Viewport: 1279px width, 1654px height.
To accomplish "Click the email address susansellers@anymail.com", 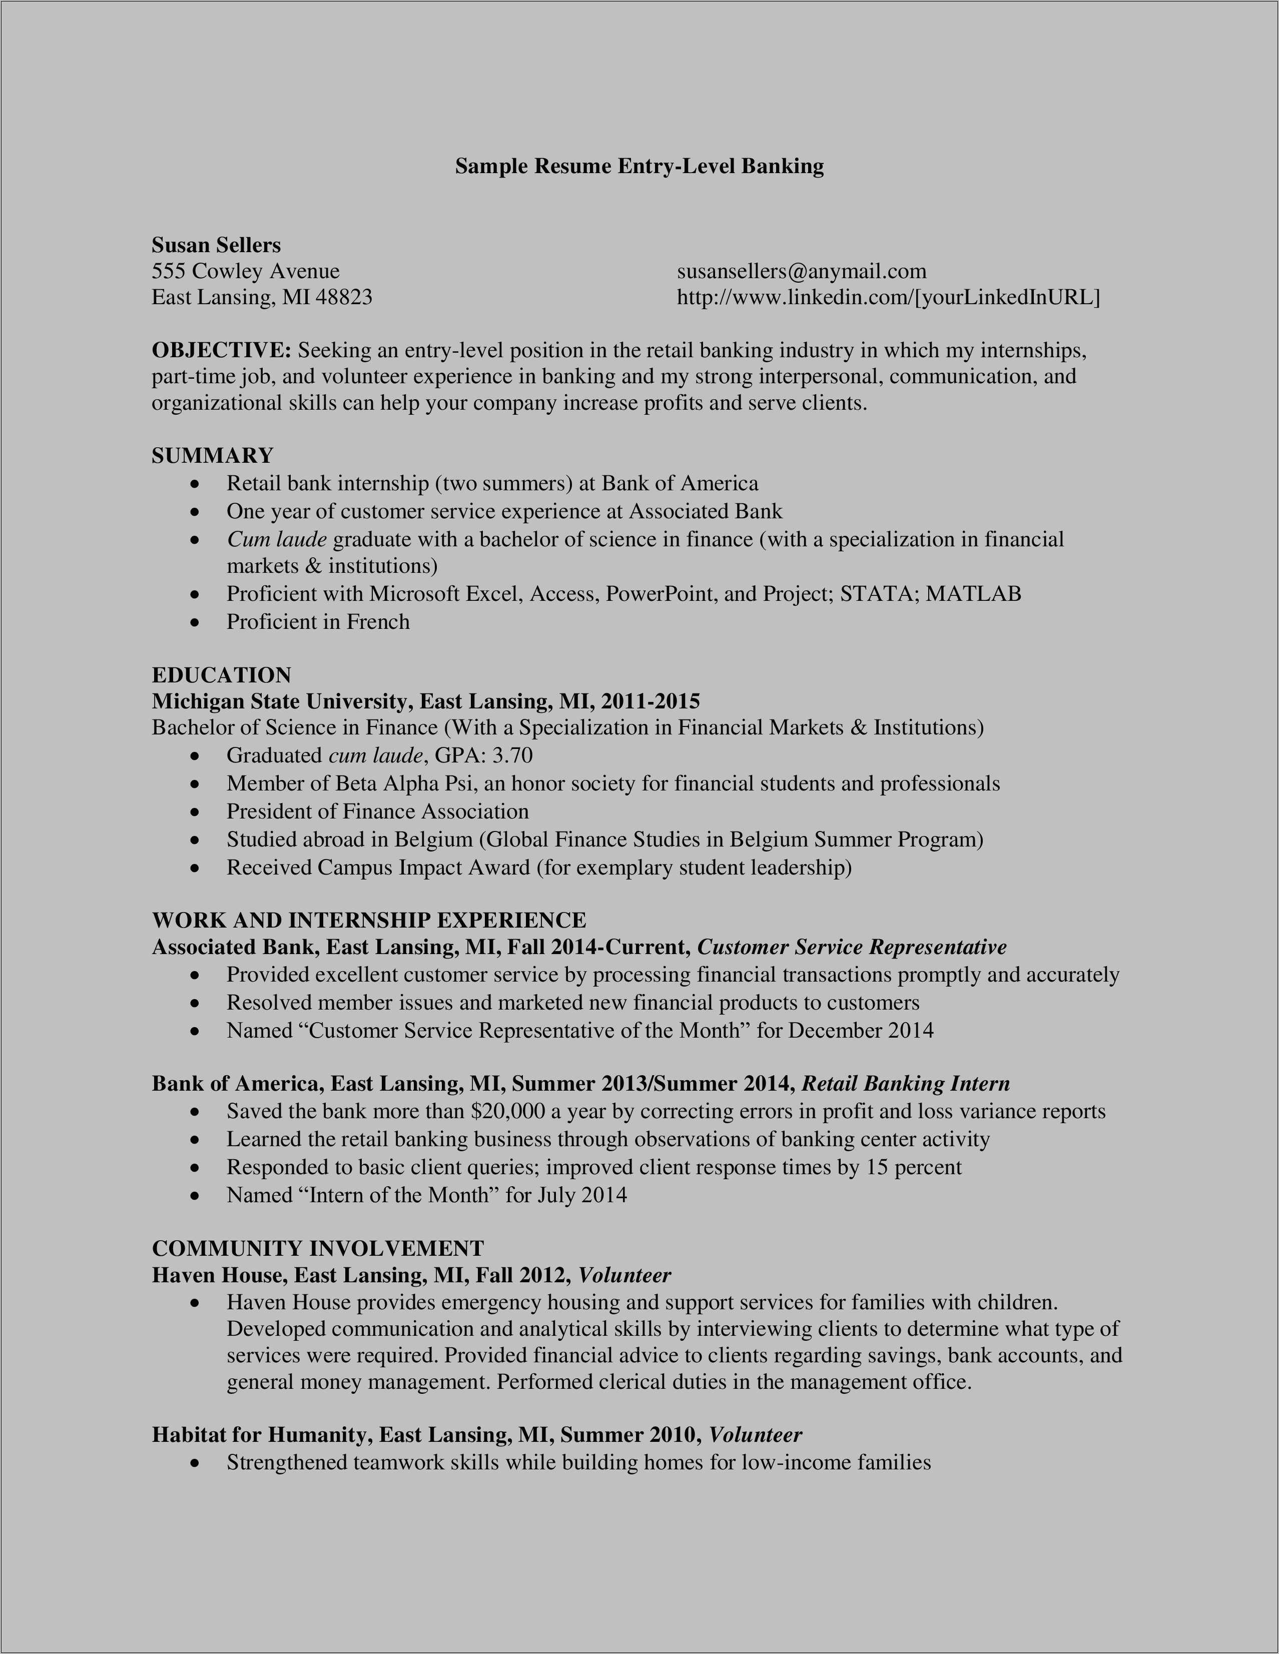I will click(801, 271).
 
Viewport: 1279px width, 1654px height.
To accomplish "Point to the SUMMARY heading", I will click(212, 455).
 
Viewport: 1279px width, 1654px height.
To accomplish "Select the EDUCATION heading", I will click(221, 675).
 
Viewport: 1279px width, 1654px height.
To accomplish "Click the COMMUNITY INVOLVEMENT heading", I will click(318, 1248).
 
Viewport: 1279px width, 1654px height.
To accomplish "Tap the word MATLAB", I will click(973, 594).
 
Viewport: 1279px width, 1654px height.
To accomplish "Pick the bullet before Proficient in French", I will click(196, 622).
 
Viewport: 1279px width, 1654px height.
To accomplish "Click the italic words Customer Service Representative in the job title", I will click(851, 948).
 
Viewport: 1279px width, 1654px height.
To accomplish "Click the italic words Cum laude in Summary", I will click(276, 539).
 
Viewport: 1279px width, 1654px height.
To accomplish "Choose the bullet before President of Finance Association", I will click(196, 812).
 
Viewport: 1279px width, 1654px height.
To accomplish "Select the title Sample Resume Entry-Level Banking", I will click(639, 166).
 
